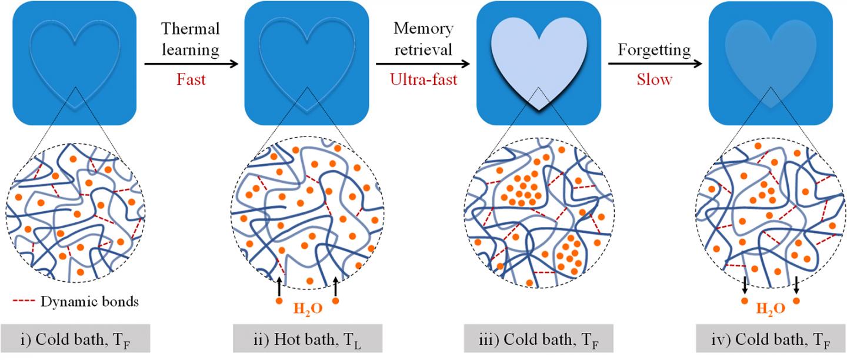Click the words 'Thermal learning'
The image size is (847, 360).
[x=190, y=39]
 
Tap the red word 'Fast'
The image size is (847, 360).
[x=191, y=79]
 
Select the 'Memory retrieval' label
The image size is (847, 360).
[x=423, y=39]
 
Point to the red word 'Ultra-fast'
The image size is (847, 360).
[x=423, y=79]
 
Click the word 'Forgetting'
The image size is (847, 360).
[x=653, y=50]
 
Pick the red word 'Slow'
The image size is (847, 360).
[x=654, y=79]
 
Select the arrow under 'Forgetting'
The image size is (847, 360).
[x=655, y=63]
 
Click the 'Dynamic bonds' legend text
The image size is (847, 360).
[x=90, y=302]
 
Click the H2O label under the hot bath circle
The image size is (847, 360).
[x=307, y=308]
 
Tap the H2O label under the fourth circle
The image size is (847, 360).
[x=770, y=308]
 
